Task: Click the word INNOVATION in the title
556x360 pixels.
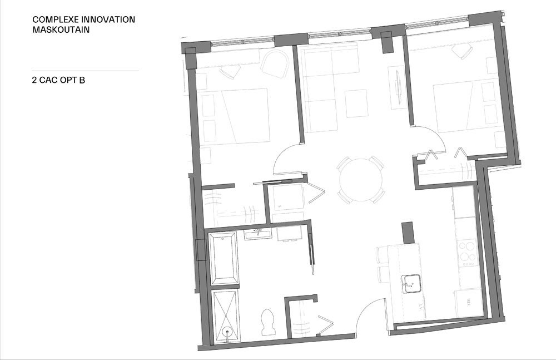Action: click(106, 19)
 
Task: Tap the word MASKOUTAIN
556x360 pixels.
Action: click(61, 30)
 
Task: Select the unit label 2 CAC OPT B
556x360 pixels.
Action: click(58, 80)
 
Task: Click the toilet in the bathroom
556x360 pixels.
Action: click(267, 322)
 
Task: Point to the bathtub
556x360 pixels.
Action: click(224, 258)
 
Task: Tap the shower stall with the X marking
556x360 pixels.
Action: click(226, 317)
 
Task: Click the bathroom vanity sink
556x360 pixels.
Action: click(258, 234)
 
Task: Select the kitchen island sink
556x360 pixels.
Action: click(411, 284)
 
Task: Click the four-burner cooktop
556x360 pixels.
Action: click(468, 254)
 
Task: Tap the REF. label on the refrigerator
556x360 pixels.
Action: click(469, 303)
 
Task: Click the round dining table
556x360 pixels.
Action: click(361, 180)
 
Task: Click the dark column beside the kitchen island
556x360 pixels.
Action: click(408, 233)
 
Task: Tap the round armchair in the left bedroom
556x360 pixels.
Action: click(276, 63)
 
